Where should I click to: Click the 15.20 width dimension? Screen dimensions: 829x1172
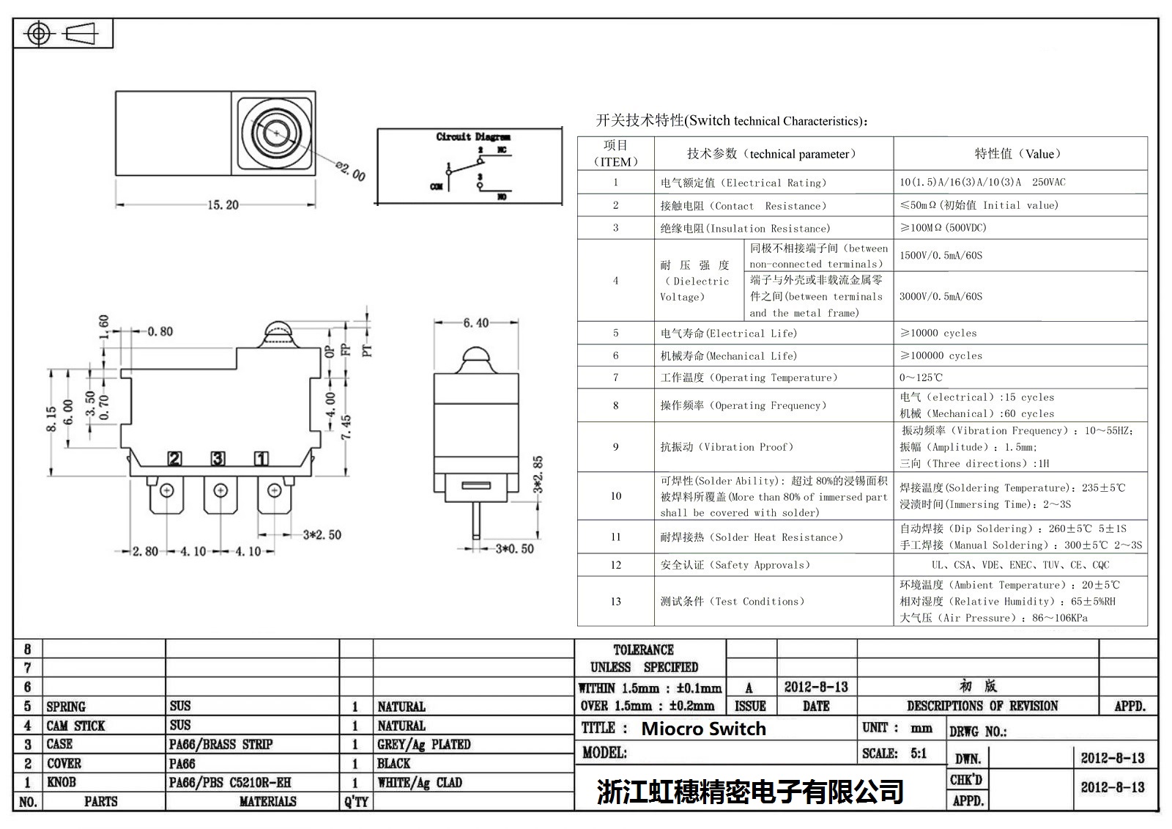pyautogui.click(x=223, y=205)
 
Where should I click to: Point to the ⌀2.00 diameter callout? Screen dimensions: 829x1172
pyautogui.click(x=351, y=170)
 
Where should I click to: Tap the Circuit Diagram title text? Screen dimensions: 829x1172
pyautogui.click(x=473, y=137)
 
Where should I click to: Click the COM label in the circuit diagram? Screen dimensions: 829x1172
pyautogui.click(x=436, y=186)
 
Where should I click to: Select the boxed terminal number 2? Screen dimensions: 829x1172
pyautogui.click(x=174, y=459)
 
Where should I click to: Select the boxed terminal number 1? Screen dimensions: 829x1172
pyautogui.click(x=261, y=459)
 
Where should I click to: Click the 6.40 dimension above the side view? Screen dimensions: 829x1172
pyautogui.click(x=475, y=323)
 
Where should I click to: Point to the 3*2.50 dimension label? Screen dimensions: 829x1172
pyautogui.click(x=322, y=534)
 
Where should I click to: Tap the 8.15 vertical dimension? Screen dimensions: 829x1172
pyautogui.click(x=51, y=419)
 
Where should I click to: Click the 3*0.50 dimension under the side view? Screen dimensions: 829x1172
pyautogui.click(x=514, y=548)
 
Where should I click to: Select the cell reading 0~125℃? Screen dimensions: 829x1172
pyautogui.click(x=921, y=377)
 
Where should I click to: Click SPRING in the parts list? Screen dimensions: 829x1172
pyautogui.click(x=66, y=707)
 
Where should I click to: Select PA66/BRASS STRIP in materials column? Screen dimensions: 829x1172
pyautogui.click(x=220, y=744)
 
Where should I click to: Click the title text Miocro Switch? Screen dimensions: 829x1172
pyautogui.click(x=703, y=729)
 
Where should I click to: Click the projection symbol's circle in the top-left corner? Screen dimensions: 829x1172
pyautogui.click(x=38, y=34)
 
